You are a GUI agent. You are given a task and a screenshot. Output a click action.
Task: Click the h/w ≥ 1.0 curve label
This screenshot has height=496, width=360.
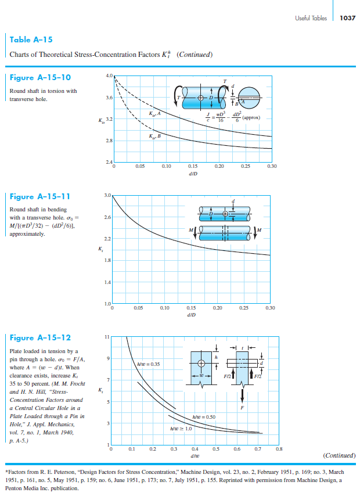point(181,429)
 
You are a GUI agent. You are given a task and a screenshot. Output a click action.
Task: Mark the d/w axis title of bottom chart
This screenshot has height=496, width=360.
point(196,456)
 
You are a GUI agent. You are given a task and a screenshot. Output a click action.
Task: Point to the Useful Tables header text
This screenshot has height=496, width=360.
point(311,18)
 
